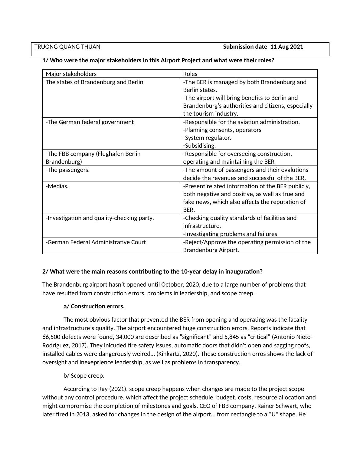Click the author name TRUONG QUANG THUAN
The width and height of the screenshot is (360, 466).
click(x=67, y=47)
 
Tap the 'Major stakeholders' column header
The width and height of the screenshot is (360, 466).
click(x=71, y=74)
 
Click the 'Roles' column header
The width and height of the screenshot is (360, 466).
click(x=190, y=74)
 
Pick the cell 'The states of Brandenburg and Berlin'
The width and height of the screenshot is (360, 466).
click(x=94, y=82)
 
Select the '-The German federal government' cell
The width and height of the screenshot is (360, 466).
click(x=90, y=122)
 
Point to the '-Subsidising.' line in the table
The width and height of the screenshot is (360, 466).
click(x=199, y=146)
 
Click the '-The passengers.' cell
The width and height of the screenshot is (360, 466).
click(x=67, y=170)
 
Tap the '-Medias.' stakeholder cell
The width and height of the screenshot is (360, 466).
click(x=57, y=186)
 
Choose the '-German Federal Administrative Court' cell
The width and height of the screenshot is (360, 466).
click(x=96, y=242)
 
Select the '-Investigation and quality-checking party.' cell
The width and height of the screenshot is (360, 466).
click(x=100, y=218)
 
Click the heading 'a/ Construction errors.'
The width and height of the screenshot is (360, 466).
click(x=94, y=307)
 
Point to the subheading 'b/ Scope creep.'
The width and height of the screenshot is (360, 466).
click(x=84, y=376)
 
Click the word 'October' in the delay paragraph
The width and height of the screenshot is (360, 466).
click(x=172, y=285)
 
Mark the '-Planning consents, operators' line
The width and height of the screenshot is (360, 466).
click(x=222, y=130)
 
